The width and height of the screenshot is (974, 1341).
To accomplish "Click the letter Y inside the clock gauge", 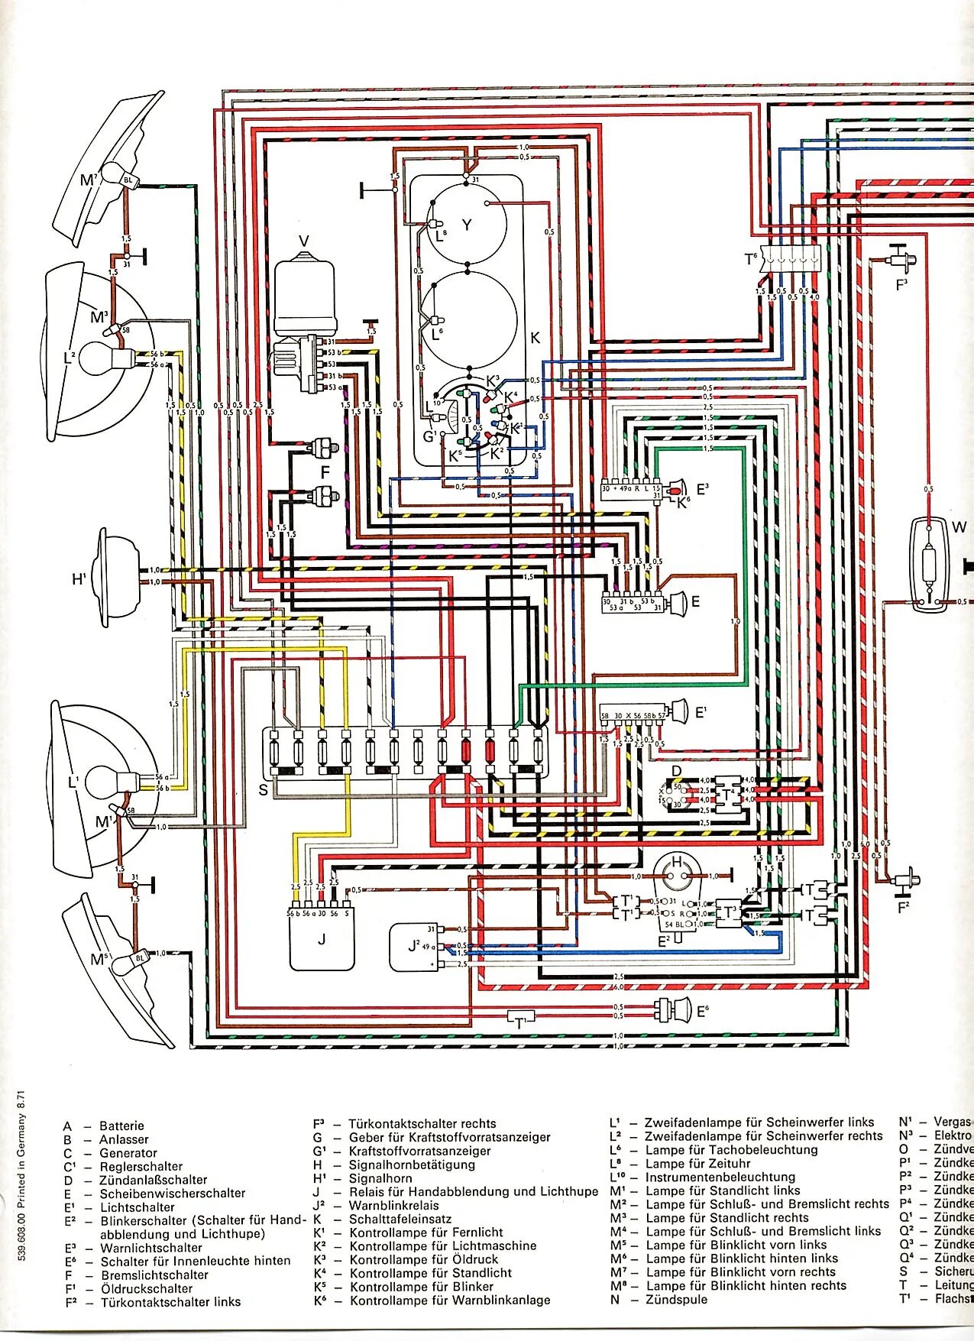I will [467, 225].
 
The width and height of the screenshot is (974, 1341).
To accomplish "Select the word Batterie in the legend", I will [121, 1126].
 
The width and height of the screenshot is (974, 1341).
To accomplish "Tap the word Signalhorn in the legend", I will [380, 1178].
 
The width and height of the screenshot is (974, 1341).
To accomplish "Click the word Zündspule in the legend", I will [676, 1299].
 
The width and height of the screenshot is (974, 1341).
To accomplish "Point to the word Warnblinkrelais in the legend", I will [393, 1205].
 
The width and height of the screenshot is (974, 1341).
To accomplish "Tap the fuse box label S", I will [264, 789].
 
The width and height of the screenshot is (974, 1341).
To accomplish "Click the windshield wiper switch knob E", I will [675, 604].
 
